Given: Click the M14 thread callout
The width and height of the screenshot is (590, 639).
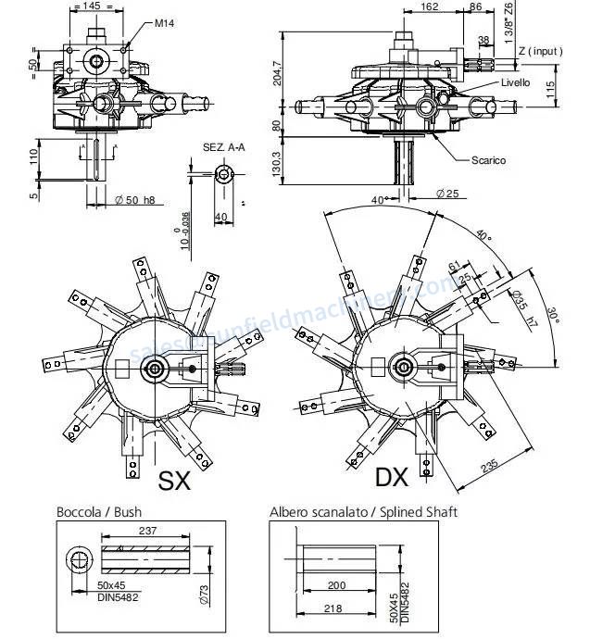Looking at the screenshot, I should pos(165,22).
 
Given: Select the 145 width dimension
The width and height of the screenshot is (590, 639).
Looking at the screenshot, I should pos(91,6).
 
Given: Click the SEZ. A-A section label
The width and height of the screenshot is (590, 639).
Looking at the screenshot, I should pos(221,147).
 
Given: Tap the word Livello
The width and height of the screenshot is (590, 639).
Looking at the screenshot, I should pos(515,83).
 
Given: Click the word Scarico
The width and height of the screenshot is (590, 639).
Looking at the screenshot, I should pos(488,160).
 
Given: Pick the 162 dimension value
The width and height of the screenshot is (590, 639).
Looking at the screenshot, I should pos(430,6).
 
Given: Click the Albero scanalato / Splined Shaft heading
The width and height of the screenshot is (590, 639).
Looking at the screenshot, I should pos(362,511).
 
